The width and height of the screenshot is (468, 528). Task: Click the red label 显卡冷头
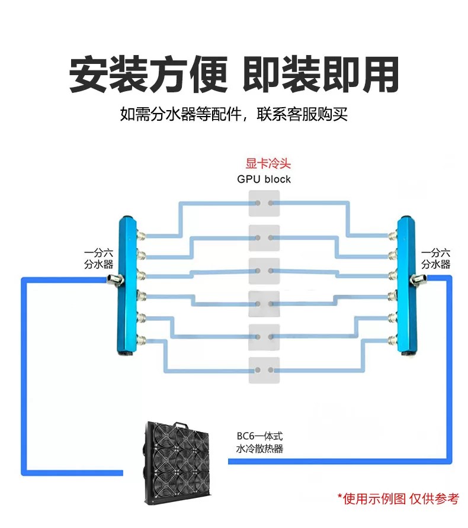[x=268, y=163]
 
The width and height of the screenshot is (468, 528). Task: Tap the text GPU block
[x=264, y=179]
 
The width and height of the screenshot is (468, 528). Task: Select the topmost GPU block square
[x=264, y=204]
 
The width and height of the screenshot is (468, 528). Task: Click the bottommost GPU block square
[x=264, y=370]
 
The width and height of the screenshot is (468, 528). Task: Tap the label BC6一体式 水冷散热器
[x=259, y=442]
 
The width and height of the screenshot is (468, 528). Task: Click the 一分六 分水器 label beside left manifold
[x=98, y=259]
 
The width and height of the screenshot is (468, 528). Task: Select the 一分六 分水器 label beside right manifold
[x=435, y=259]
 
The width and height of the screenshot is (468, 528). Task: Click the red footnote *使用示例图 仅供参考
[x=398, y=499]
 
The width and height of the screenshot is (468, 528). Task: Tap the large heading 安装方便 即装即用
[x=234, y=75]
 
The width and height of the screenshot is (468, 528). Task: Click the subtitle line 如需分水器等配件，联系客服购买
[x=234, y=114]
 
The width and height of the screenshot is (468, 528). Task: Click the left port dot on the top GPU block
[x=258, y=203]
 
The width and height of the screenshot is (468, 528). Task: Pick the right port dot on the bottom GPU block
[x=271, y=370]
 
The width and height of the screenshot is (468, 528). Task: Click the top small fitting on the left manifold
[x=141, y=236]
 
